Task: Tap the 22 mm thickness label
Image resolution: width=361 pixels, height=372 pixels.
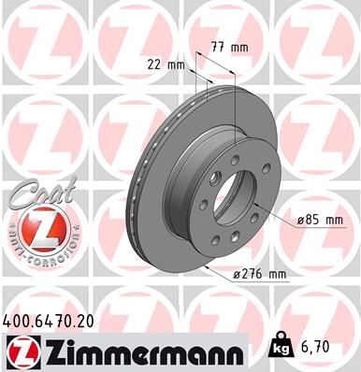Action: pos(166,64)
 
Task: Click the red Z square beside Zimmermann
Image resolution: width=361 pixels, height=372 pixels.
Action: pos(18,352)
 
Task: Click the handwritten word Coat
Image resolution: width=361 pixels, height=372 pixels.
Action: pos(32,195)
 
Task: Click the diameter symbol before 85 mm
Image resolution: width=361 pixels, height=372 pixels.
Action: pos(300,220)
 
